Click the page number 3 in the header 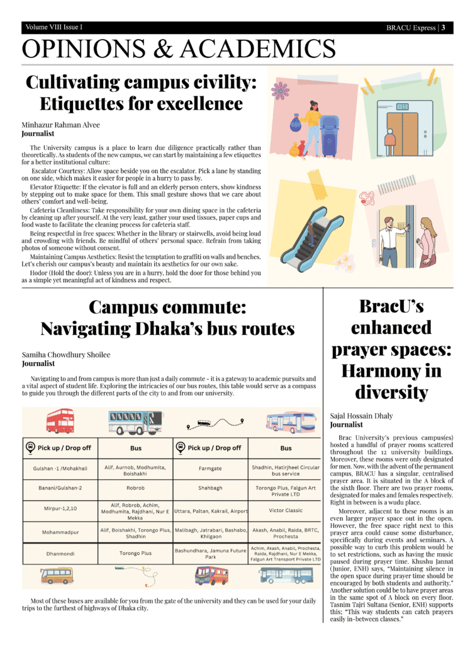pyautogui.click(x=444, y=28)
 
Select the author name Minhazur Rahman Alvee pyautogui.click(x=60, y=125)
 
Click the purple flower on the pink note pyautogui.click(x=279, y=92)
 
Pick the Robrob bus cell pyautogui.click(x=135, y=488)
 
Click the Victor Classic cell pyautogui.click(x=286, y=510)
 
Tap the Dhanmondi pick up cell pyautogui.click(x=60, y=554)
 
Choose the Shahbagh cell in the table pyautogui.click(x=210, y=488)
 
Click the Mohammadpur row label pyautogui.click(x=60, y=532)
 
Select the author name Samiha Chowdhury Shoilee pyautogui.click(x=66, y=355)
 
